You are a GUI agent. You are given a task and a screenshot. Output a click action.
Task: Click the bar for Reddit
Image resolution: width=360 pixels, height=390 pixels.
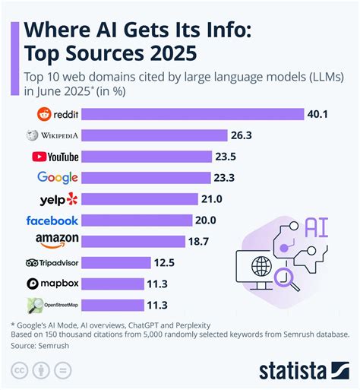(x=189, y=115)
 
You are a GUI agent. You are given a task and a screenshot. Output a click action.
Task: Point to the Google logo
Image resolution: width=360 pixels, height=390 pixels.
(x=58, y=178)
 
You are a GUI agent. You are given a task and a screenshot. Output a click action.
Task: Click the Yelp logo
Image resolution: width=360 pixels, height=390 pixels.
(x=58, y=199)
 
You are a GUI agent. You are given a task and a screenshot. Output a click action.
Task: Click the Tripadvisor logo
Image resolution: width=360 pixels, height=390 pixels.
(x=52, y=263)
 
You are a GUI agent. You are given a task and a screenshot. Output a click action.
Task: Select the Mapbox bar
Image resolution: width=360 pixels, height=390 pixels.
(x=112, y=284)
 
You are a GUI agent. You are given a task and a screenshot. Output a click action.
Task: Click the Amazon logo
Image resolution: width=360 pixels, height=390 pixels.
(x=58, y=241)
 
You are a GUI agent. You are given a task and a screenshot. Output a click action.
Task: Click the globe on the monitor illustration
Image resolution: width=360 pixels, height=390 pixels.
(x=262, y=268)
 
